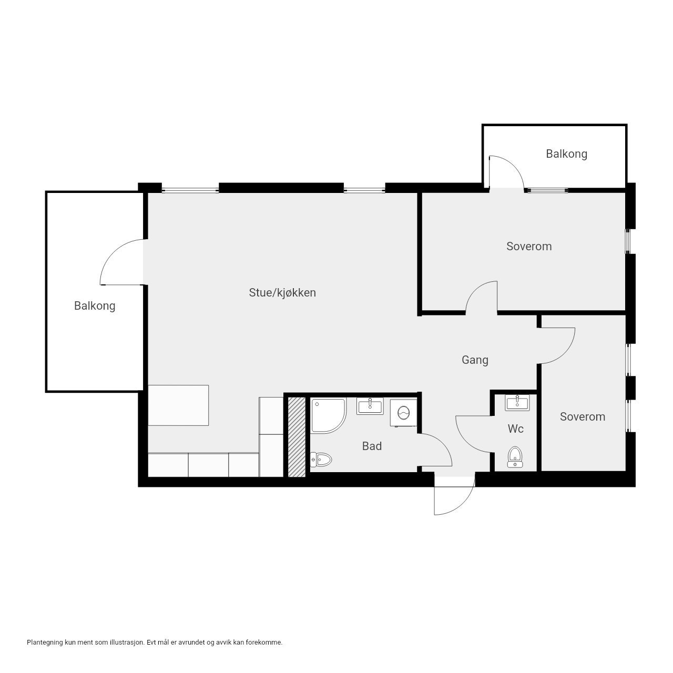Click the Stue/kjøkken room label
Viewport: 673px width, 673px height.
point(282,293)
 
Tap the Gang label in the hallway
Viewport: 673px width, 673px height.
point(475,360)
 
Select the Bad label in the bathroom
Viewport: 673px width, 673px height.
point(372,446)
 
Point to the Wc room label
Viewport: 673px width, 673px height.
point(515,429)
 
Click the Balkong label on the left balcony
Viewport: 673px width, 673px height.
point(95,306)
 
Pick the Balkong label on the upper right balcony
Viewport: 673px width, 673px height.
point(566,154)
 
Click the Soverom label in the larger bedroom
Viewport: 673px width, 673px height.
point(529,247)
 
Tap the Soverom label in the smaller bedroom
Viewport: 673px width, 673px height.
point(582,417)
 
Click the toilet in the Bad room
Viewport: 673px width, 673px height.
point(322,461)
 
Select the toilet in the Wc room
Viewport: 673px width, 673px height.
point(515,457)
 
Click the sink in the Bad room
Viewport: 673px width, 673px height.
point(370,406)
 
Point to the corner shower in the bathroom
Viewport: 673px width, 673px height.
point(328,415)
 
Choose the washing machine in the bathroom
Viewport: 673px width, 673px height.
point(403,413)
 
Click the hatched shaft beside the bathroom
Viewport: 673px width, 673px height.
point(297,437)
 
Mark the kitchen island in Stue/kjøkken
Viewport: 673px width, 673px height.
point(178,405)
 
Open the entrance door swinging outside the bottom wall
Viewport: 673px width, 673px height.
point(453,497)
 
